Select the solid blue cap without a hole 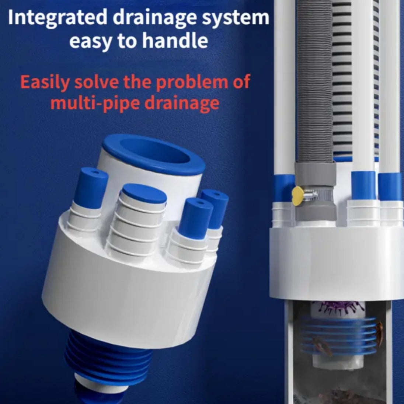pyautogui.click(x=144, y=194)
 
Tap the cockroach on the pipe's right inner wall pyautogui.click(x=379, y=334)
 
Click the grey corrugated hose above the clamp pyautogui.click(x=315, y=80)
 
